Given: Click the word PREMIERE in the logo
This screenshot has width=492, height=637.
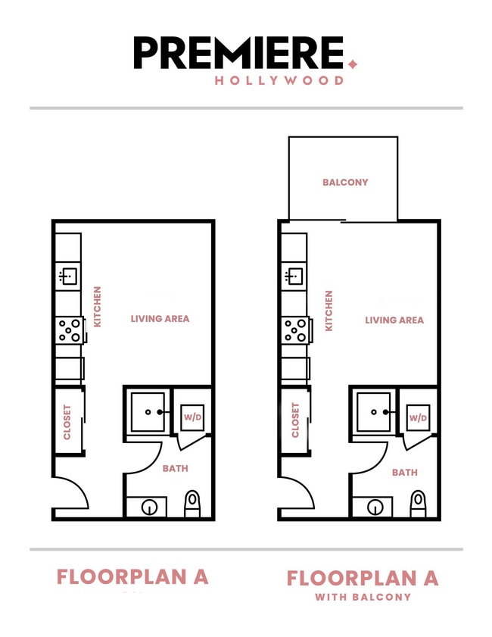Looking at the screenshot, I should pos(238,53).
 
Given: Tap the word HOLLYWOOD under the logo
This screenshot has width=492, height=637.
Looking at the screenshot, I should pos(279,80).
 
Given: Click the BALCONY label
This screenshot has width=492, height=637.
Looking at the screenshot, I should pos(345,182).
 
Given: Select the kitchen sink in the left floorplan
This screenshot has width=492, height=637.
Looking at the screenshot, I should pos(68,276).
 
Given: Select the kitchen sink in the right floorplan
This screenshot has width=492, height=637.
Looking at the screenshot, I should pos(294,276).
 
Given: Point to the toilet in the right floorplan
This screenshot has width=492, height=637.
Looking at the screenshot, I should pos(418,502).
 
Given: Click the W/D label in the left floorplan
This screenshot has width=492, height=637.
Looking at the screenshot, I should pos(193,417).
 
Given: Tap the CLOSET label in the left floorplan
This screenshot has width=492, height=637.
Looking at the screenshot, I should pos(67,421).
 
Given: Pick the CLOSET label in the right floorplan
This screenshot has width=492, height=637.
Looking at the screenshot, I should pos(294,421).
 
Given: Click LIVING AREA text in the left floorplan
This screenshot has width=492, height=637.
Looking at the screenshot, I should pos(160,319).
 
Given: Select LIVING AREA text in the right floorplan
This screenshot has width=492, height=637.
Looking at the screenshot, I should pos(394,320).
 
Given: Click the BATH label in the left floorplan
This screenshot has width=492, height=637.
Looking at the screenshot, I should pos(175,469).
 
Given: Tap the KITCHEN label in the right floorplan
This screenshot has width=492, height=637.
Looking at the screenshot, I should pos(329,311).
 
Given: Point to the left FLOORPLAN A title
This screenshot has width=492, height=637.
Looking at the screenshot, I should pos(132,576).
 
